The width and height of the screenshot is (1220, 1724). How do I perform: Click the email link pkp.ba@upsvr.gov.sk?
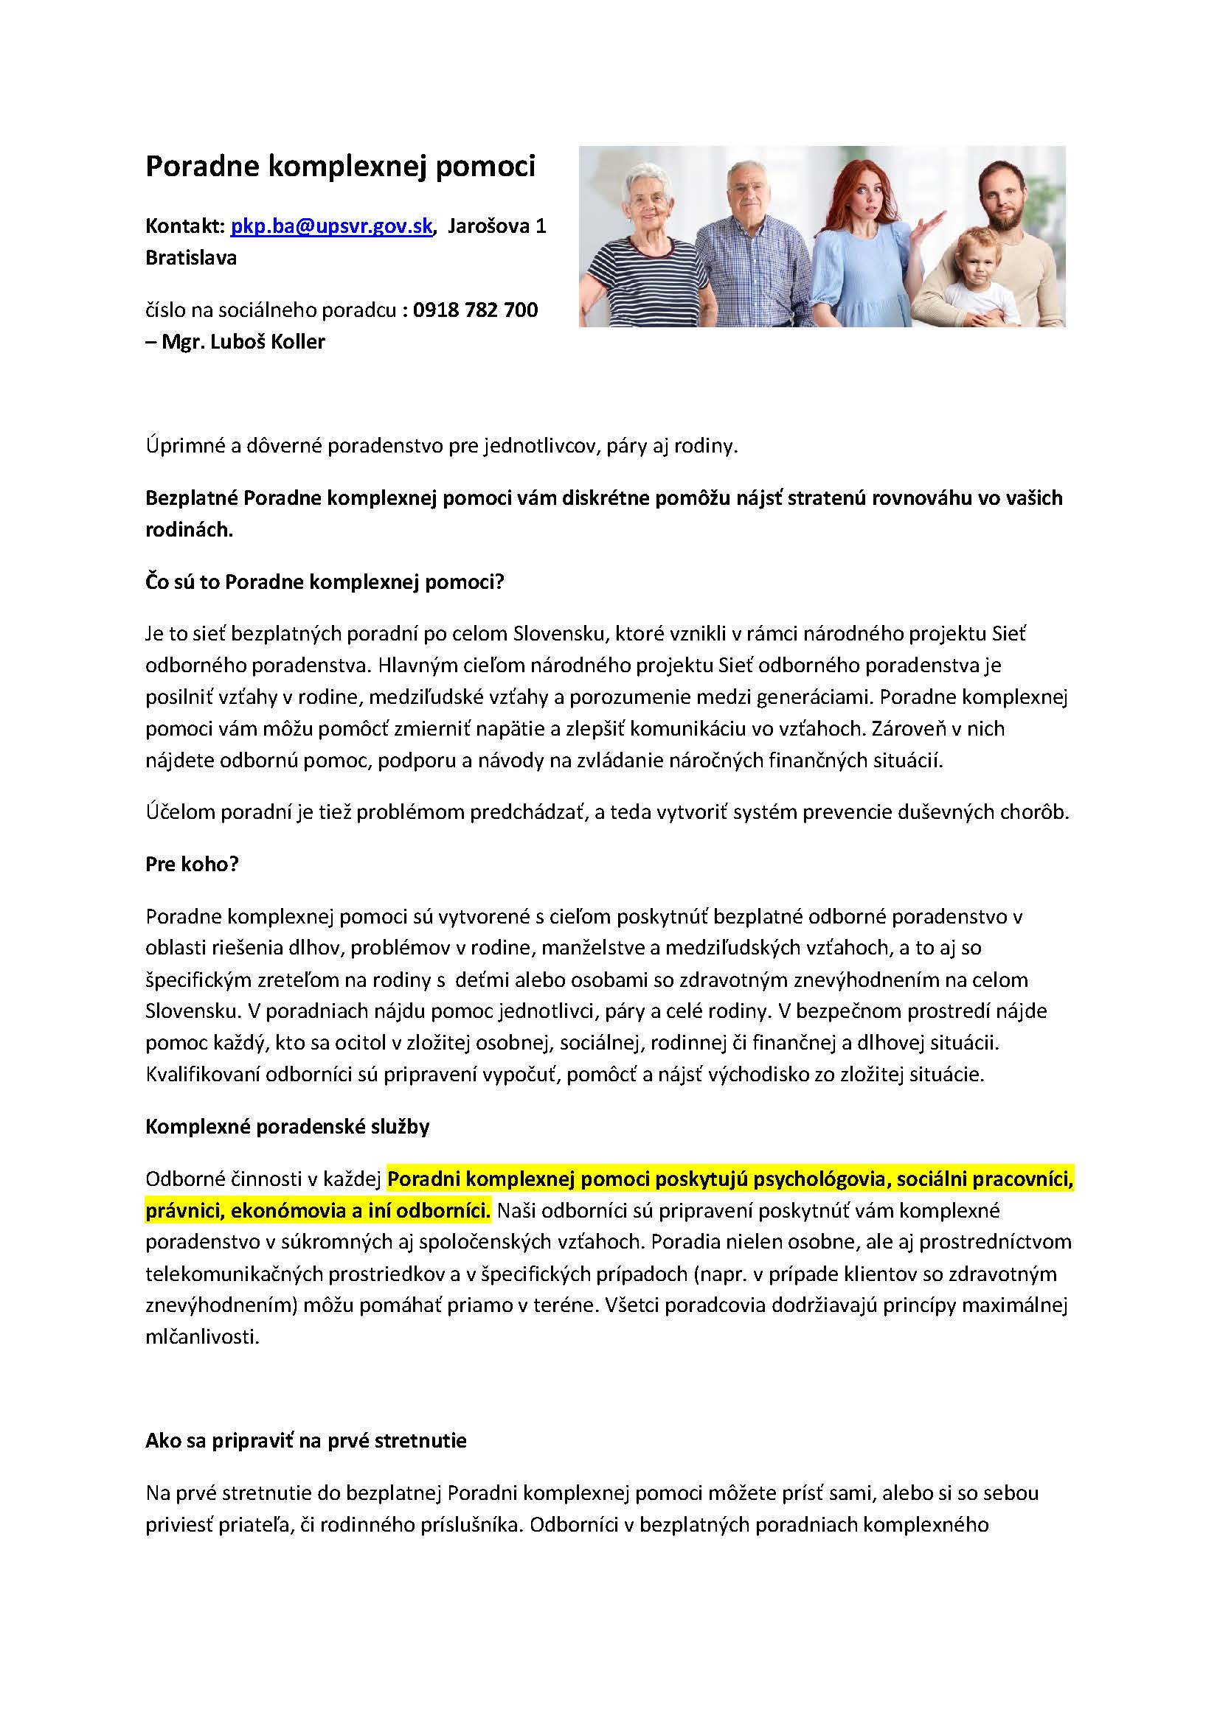[x=331, y=226]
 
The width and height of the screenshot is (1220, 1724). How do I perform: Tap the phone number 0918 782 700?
[x=476, y=310]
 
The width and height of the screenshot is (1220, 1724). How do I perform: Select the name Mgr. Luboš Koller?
[x=243, y=343]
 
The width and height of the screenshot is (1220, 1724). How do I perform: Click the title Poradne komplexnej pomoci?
[x=339, y=167]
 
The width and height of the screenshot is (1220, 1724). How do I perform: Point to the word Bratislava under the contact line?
[x=191, y=257]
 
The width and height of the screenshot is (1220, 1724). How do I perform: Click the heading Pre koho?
[x=192, y=865]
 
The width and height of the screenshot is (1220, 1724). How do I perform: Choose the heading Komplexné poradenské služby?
[x=287, y=1127]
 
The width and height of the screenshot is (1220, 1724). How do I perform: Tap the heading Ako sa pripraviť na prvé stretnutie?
[x=306, y=1441]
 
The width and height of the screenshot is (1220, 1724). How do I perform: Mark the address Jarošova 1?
[x=496, y=226]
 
